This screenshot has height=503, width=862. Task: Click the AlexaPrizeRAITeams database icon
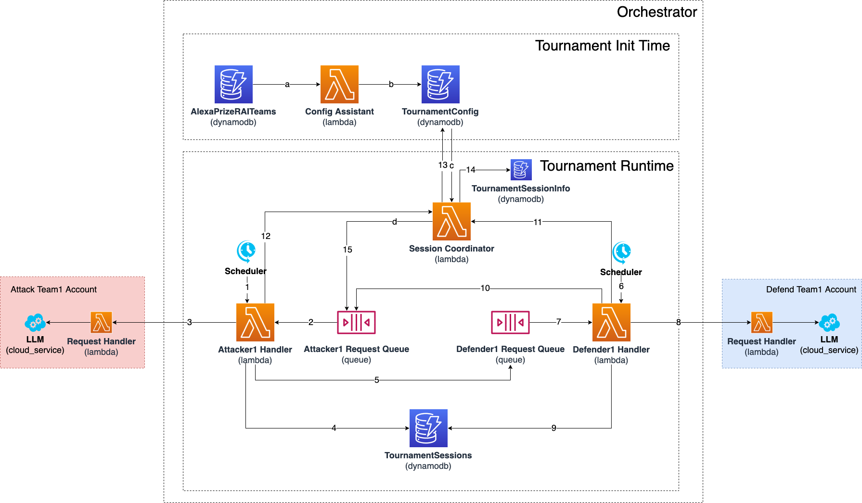click(233, 84)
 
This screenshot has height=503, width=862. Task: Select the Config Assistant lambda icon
click(339, 84)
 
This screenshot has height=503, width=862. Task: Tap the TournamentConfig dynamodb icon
click(440, 84)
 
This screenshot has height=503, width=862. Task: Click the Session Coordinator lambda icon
click(451, 221)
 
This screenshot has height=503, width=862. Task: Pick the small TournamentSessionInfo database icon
click(521, 170)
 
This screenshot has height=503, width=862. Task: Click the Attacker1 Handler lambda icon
click(255, 322)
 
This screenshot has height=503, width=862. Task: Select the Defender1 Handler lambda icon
click(611, 322)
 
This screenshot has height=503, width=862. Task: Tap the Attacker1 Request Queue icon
click(356, 322)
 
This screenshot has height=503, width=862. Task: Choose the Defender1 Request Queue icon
click(510, 322)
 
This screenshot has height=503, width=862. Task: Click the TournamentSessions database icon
click(428, 428)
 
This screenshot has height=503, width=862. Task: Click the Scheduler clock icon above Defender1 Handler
click(621, 252)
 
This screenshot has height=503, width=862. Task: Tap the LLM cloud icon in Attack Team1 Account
click(35, 323)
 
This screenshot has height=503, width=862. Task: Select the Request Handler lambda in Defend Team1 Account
click(762, 322)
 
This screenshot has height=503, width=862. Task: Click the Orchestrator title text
click(657, 12)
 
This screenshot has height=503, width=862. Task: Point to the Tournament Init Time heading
click(603, 46)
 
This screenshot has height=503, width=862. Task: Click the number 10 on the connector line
click(485, 288)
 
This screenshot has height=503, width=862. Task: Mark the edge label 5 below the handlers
click(377, 380)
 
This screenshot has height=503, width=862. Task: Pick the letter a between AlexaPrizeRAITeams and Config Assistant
click(287, 85)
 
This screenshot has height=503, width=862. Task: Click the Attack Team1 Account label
click(53, 289)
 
